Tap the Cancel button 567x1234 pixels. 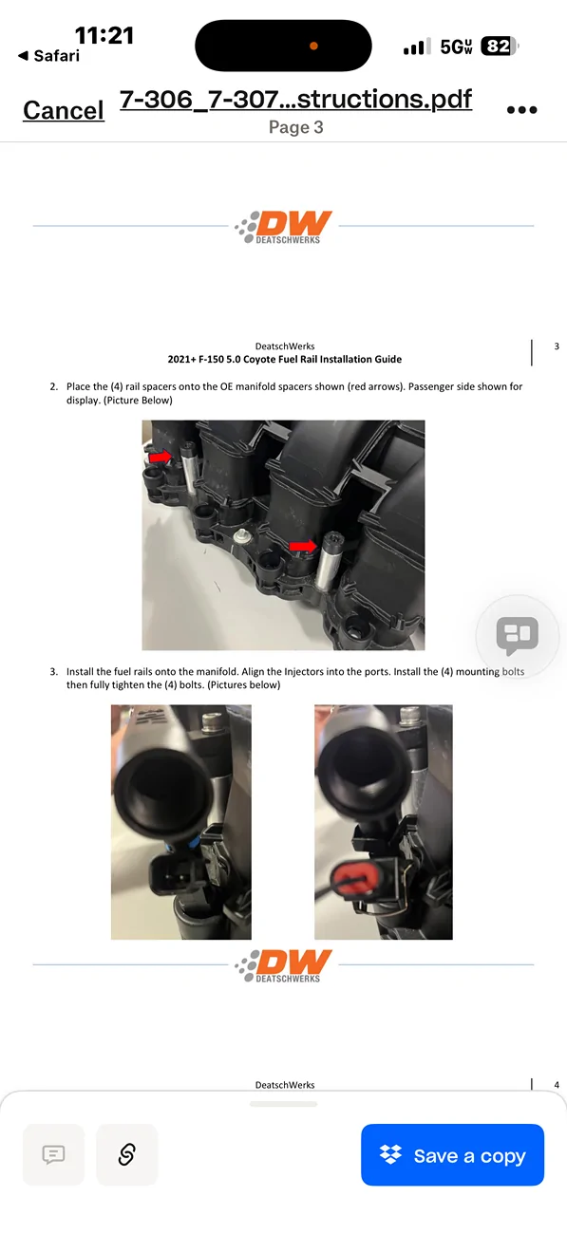tap(64, 110)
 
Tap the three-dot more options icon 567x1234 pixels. tap(521, 110)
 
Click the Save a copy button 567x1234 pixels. tap(452, 1154)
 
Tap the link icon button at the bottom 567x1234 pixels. tap(126, 1154)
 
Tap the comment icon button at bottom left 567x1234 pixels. tap(53, 1154)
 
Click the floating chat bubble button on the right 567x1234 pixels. tap(517, 636)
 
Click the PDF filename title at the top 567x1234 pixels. tap(296, 99)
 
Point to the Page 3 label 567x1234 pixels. tap(296, 127)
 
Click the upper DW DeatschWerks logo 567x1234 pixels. tap(283, 227)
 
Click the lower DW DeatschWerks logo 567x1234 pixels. tap(283, 965)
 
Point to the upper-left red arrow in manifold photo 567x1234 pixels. tap(160, 457)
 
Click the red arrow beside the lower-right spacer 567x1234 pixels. tap(303, 546)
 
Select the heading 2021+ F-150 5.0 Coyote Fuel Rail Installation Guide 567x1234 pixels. tap(284, 359)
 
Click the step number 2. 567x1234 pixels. tap(53, 386)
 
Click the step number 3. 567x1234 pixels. tap(53, 671)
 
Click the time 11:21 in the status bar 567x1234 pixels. tap(104, 36)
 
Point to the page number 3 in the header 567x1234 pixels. tap(557, 346)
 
